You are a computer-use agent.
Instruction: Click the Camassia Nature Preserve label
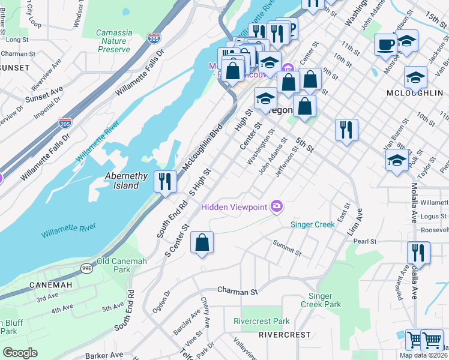tap(113, 41)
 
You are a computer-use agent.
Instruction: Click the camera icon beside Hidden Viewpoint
tap(277, 206)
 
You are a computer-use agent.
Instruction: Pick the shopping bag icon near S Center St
tap(202, 243)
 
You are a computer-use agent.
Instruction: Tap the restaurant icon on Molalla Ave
tap(418, 252)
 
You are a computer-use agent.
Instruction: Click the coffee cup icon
tap(385, 44)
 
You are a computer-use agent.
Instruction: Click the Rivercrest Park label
tap(261, 321)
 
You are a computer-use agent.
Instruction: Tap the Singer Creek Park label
tap(325, 300)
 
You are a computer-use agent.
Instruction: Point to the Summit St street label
tap(286, 246)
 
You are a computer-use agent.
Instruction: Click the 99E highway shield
tap(87, 252)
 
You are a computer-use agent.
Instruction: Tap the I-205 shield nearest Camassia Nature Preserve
tap(153, 38)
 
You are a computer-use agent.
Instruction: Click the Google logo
tap(20, 353)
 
